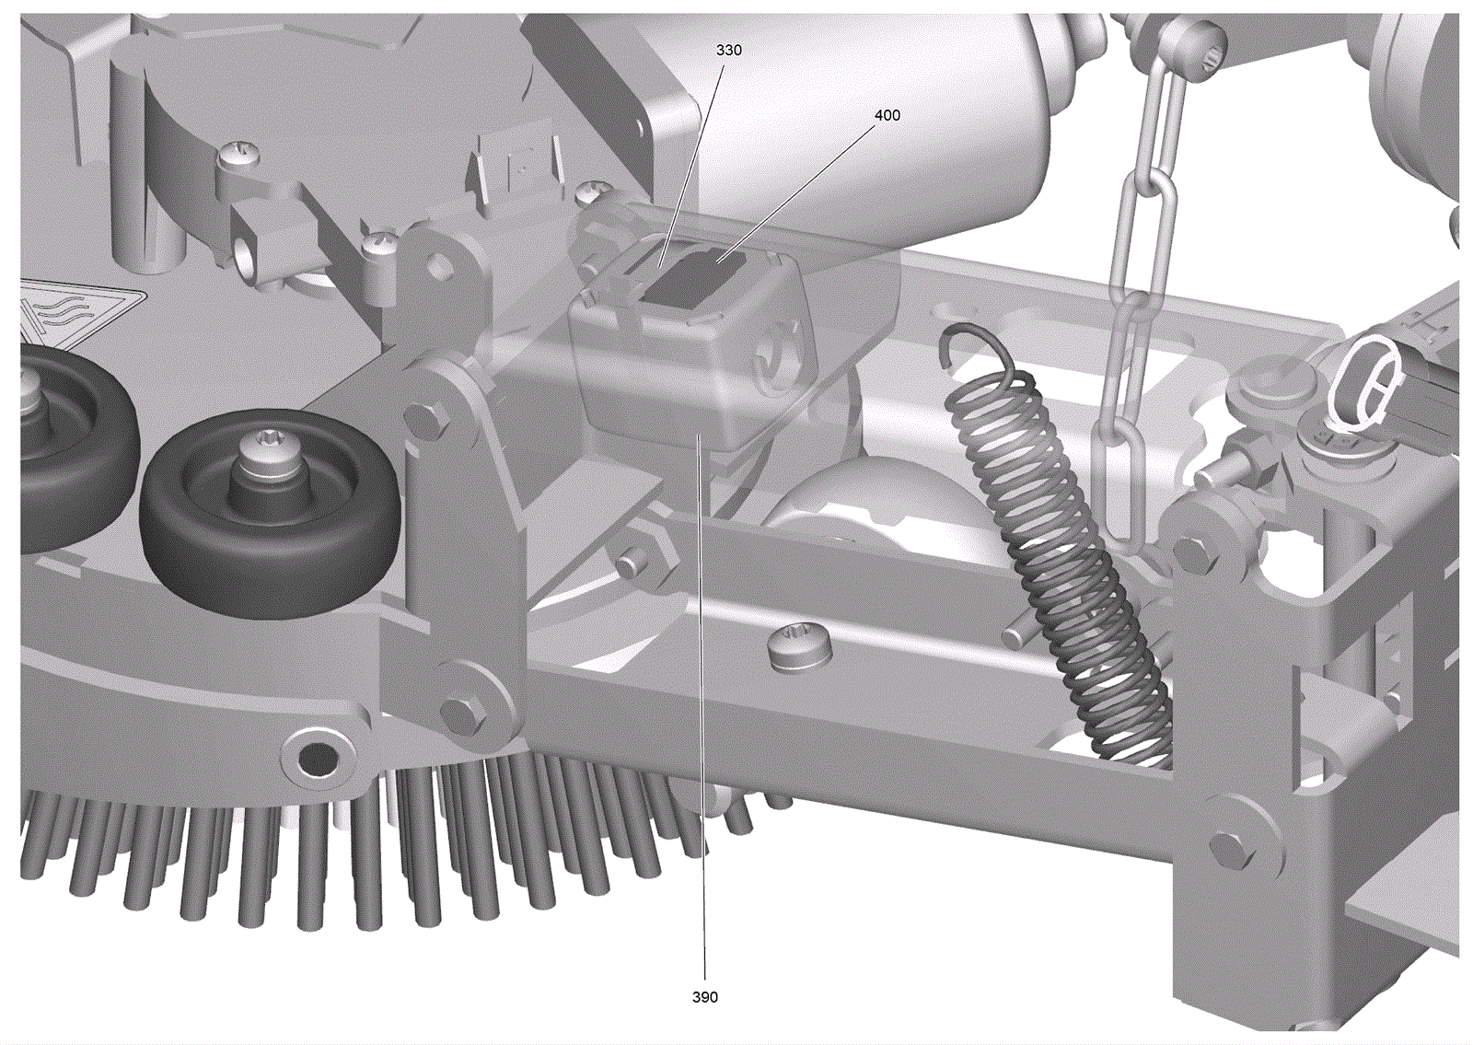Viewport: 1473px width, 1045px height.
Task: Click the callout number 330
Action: coord(728,50)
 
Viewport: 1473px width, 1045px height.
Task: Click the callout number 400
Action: coord(887,115)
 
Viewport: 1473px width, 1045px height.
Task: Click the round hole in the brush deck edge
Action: coord(317,759)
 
